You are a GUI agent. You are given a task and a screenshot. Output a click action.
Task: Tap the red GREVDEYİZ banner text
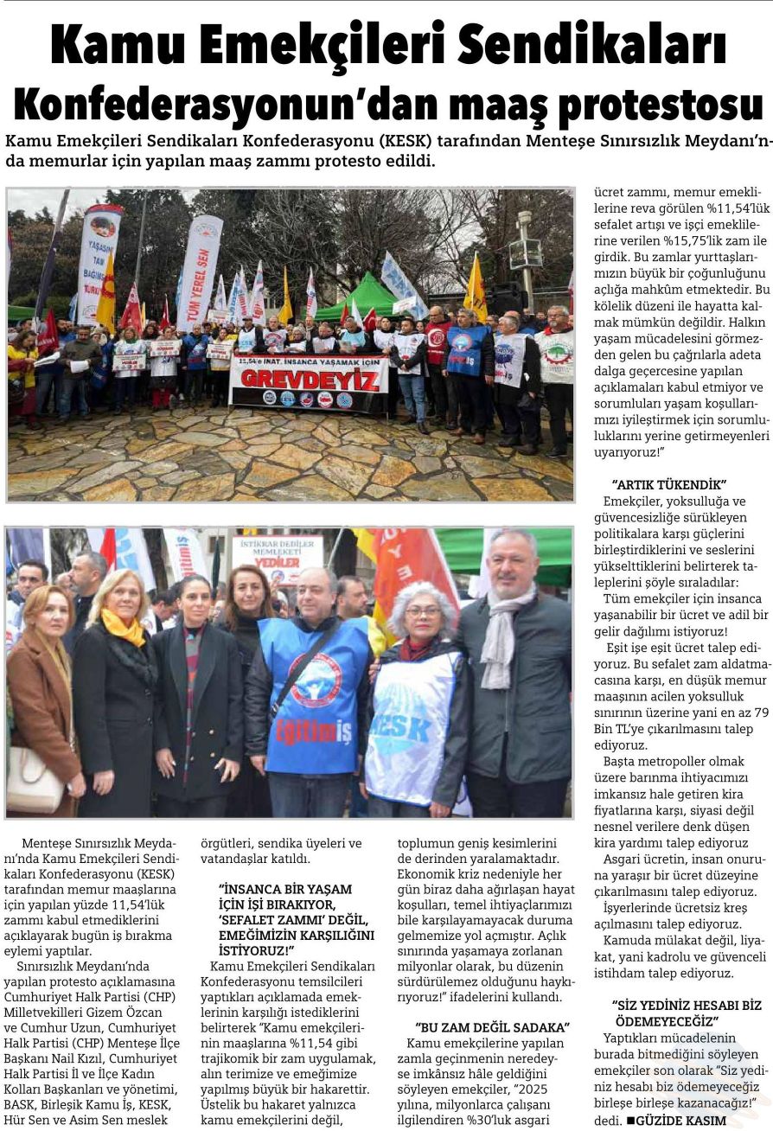tap(309, 379)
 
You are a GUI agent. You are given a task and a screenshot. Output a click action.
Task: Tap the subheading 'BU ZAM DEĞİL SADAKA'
tap(492, 1027)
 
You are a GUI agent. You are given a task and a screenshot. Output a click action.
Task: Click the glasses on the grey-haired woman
tap(422, 611)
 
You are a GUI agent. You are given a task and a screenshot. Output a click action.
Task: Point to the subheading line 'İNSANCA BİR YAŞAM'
tap(285, 888)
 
